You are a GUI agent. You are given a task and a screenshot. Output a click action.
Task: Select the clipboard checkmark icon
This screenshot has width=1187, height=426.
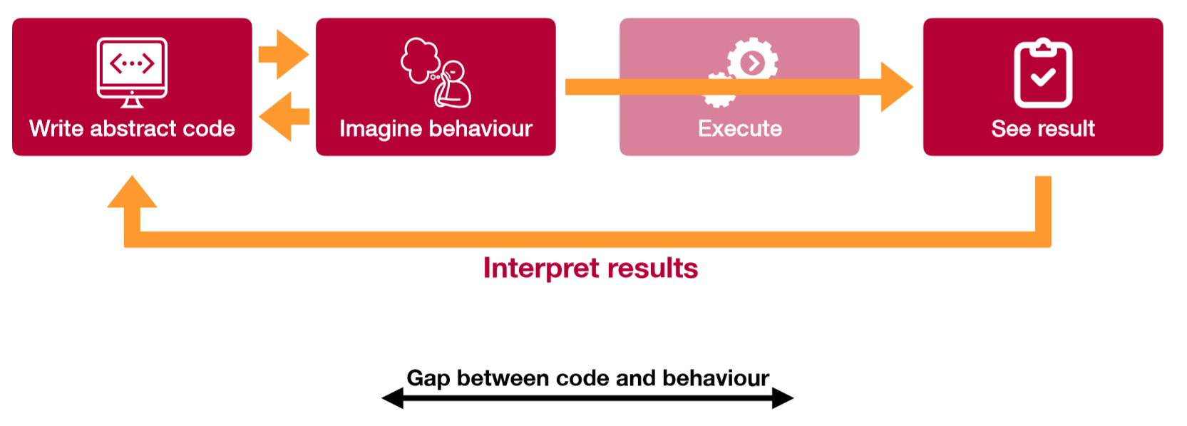(1043, 73)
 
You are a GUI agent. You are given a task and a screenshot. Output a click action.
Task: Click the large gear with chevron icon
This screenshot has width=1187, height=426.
(752, 63)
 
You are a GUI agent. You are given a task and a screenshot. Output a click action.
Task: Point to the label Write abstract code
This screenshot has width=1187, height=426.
(132, 128)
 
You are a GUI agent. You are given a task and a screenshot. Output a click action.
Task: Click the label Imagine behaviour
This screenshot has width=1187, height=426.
(436, 128)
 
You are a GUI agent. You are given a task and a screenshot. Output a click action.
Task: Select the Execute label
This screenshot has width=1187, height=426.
(739, 128)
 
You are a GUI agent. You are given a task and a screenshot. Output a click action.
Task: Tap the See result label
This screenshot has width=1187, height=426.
(1043, 128)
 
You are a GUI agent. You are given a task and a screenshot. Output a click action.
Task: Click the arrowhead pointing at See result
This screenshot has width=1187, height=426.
(896, 87)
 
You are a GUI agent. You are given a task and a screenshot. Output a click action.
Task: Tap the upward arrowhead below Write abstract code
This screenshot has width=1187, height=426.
(132, 192)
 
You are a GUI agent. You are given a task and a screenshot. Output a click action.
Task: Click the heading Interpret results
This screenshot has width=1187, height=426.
(590, 268)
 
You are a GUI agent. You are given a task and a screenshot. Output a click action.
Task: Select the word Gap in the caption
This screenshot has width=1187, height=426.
(428, 378)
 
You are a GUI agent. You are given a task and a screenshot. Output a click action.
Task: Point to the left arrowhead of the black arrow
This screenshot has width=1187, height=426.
(393, 398)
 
